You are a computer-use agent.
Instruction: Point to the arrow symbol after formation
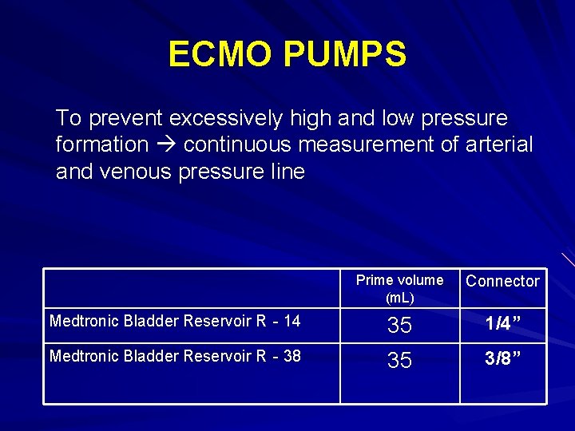click(x=166, y=145)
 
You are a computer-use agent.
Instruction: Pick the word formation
click(x=102, y=145)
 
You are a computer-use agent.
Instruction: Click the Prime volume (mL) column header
click(x=399, y=288)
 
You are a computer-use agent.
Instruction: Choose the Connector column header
click(x=502, y=281)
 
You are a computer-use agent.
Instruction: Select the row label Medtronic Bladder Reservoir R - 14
click(x=175, y=322)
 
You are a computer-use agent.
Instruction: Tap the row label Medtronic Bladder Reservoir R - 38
click(x=175, y=356)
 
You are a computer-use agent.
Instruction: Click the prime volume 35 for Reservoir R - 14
click(x=399, y=325)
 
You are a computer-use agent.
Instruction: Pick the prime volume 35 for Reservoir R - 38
click(x=399, y=361)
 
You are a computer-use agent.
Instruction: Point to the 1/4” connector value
click(x=503, y=324)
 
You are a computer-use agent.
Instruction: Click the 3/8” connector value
click(x=503, y=359)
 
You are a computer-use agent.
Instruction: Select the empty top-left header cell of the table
click(x=192, y=288)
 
